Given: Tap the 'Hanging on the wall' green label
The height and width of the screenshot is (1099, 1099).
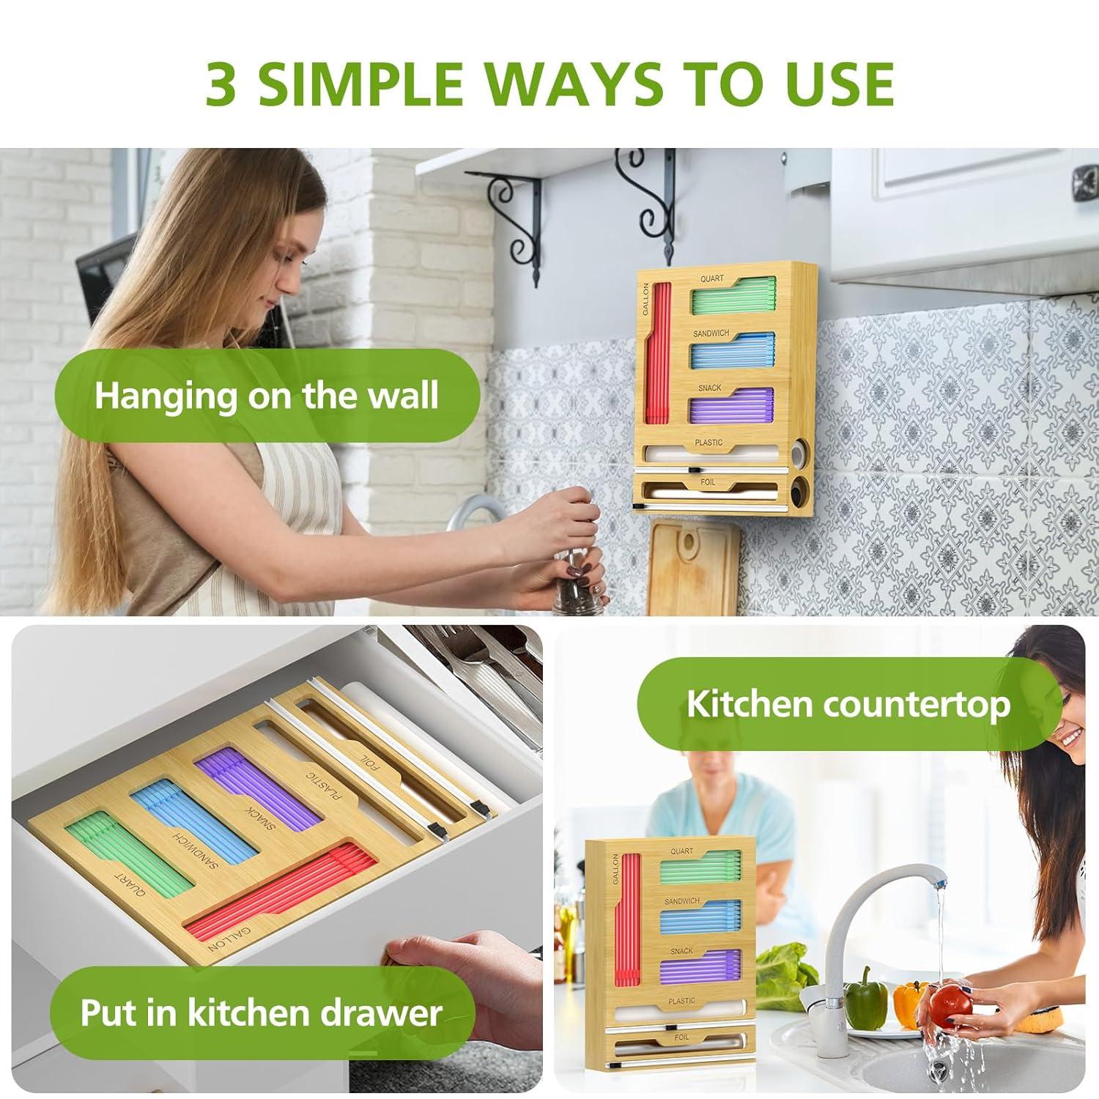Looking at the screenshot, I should coord(267,395).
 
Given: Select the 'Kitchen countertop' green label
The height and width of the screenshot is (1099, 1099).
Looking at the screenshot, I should coord(848,703).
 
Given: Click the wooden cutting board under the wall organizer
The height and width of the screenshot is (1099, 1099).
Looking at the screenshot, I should coord(692,564).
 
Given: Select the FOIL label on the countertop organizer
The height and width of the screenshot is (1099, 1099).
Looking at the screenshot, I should coord(681,1037).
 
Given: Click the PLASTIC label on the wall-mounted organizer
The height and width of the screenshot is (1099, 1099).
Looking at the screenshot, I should coord(708,443).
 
